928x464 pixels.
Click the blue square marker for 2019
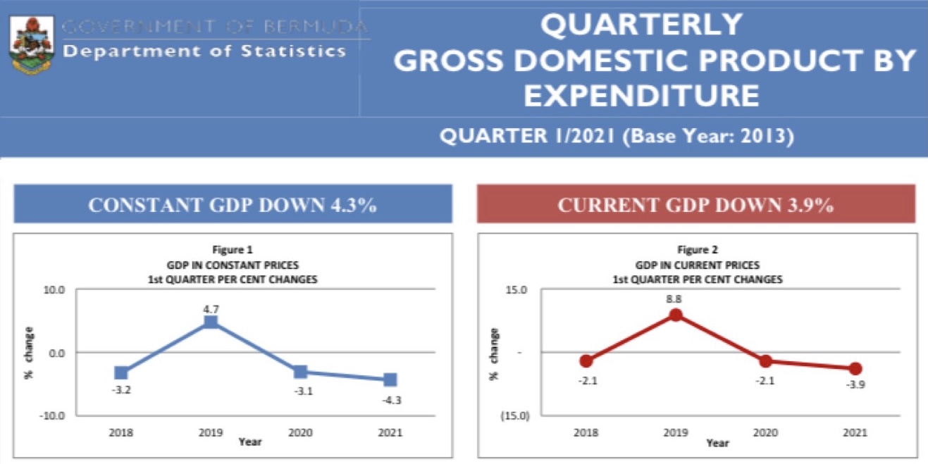(x=211, y=322)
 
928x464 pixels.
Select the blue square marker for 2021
(x=390, y=380)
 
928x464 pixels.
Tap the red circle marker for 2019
(x=675, y=315)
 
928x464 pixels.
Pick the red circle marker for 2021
(x=855, y=368)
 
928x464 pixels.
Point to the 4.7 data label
(x=211, y=308)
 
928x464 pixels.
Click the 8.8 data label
(x=674, y=299)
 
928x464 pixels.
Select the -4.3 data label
(x=391, y=400)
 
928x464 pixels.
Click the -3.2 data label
(x=120, y=389)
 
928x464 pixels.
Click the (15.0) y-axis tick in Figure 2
(x=514, y=415)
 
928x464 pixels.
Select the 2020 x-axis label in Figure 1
(x=300, y=432)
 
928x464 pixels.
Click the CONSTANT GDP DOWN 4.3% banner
(x=233, y=205)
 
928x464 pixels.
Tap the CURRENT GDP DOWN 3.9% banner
(x=696, y=205)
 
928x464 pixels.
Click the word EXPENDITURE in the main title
(x=641, y=95)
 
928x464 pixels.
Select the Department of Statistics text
(x=204, y=51)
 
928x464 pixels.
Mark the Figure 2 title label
(x=697, y=249)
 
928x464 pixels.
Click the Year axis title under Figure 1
(x=250, y=441)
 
